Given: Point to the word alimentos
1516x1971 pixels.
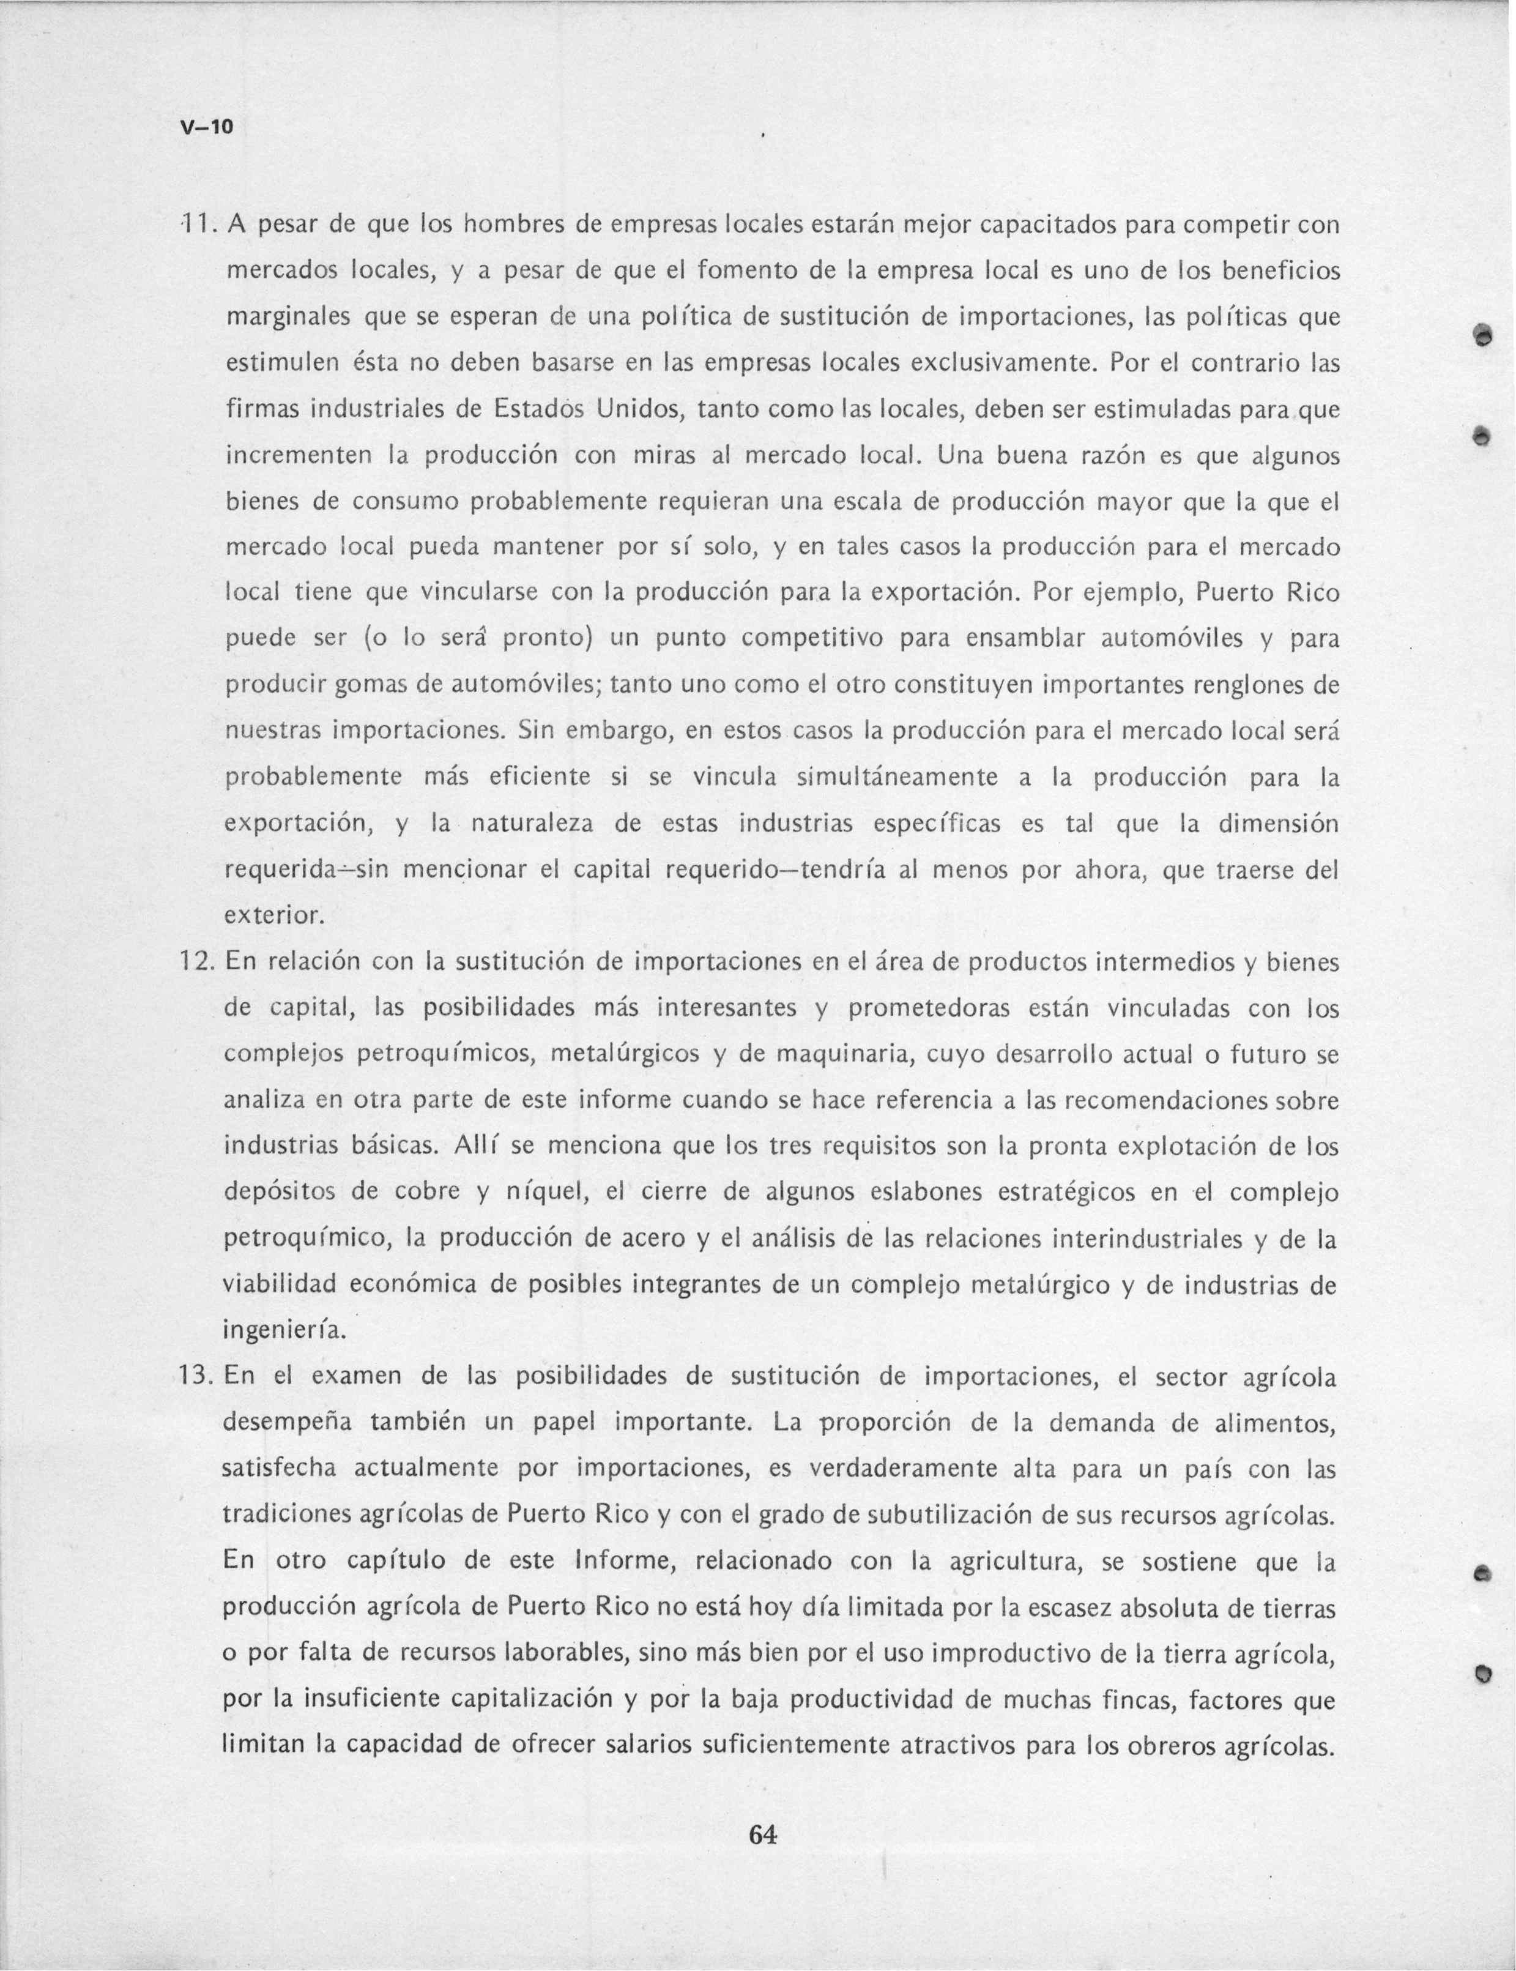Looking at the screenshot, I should click(x=1274, y=1423).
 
